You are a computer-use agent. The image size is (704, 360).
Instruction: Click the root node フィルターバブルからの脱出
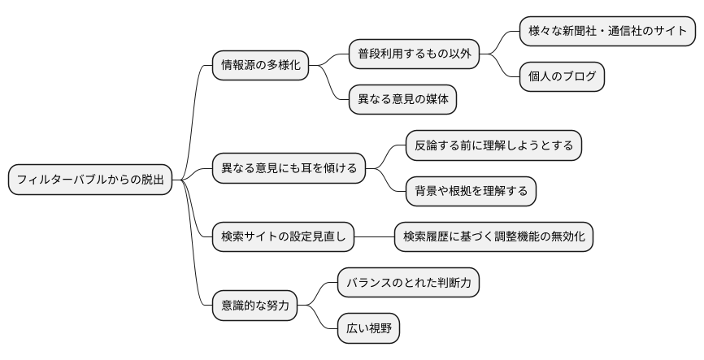click(90, 180)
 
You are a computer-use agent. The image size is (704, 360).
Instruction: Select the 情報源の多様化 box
click(260, 65)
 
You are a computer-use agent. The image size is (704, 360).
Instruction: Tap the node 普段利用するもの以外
click(414, 54)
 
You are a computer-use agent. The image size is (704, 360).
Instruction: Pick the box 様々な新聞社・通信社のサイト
click(607, 31)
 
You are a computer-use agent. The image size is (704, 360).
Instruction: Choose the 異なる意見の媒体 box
click(402, 100)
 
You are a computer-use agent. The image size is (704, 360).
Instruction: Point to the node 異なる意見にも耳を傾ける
click(289, 169)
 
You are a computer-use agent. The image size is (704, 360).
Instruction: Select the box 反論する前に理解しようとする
click(493, 145)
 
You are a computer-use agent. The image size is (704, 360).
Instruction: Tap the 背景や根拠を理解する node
click(471, 191)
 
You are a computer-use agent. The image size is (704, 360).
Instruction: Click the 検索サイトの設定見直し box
click(284, 237)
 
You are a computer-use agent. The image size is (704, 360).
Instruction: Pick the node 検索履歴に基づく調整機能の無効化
click(493, 237)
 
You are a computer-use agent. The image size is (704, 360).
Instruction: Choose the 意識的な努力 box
click(254, 306)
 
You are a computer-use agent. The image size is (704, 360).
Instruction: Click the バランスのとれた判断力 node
click(409, 283)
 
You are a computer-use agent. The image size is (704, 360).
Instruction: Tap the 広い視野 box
click(369, 328)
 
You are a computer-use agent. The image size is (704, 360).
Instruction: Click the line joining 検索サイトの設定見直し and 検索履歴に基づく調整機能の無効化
click(375, 237)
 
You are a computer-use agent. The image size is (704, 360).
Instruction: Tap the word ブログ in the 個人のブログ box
click(575, 77)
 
